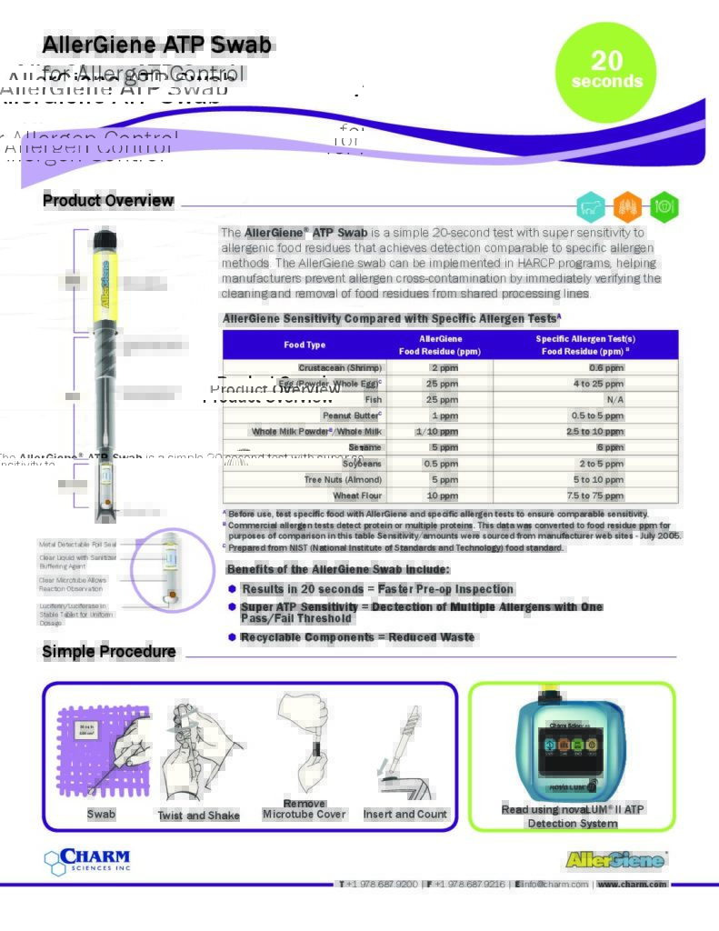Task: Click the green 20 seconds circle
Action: (x=604, y=71)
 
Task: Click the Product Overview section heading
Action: (x=108, y=201)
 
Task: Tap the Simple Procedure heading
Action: (x=109, y=652)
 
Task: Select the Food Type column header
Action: (x=305, y=345)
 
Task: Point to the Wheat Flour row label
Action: (x=357, y=496)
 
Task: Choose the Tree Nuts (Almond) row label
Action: (x=343, y=479)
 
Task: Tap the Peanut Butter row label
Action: (x=352, y=415)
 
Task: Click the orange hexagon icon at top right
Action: (x=627, y=206)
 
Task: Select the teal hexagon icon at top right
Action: (x=591, y=206)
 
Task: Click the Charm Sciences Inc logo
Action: (x=87, y=859)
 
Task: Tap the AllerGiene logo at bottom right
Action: (x=615, y=859)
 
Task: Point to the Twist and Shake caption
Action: (x=199, y=816)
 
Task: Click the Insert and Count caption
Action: (x=405, y=814)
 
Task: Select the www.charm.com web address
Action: (x=632, y=884)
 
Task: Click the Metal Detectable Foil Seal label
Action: (x=77, y=544)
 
